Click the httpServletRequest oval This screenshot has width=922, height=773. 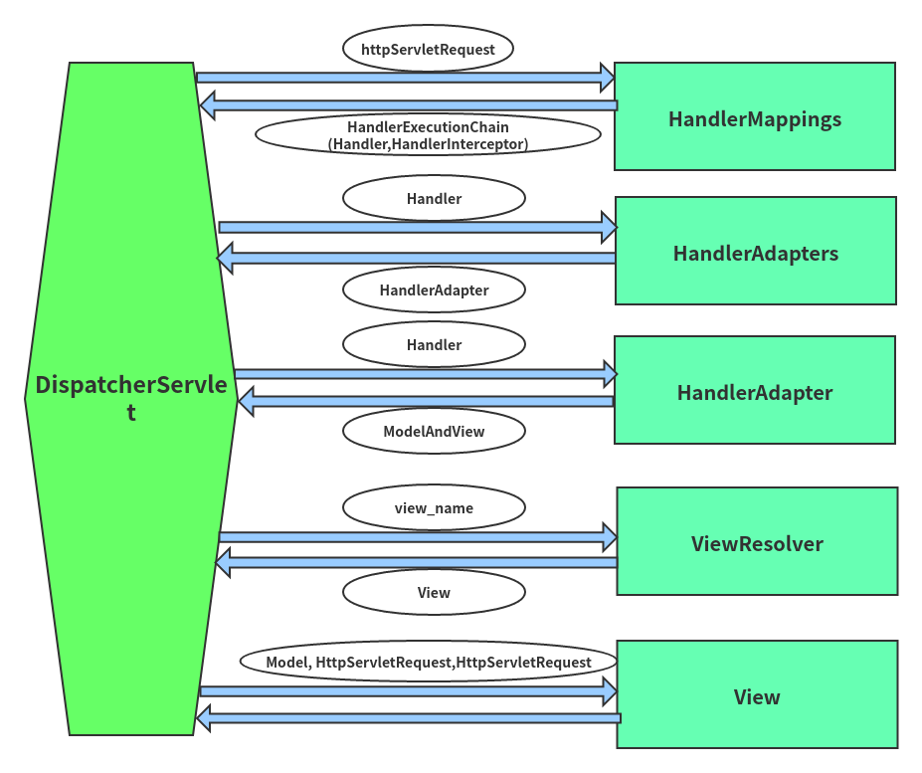(x=428, y=49)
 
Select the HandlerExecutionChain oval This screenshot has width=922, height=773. (x=428, y=134)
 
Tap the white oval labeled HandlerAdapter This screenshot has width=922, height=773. (x=434, y=290)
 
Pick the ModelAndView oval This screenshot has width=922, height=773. (x=434, y=431)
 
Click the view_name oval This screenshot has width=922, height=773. (x=434, y=507)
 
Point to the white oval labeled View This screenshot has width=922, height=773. (x=434, y=592)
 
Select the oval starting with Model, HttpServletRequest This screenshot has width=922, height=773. (x=428, y=662)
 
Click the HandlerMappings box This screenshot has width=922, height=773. (x=755, y=116)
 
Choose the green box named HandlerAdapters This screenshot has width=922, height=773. (x=756, y=251)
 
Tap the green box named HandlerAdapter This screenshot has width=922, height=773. (x=755, y=390)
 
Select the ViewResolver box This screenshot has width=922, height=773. (x=757, y=541)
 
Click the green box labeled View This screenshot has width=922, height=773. (x=757, y=694)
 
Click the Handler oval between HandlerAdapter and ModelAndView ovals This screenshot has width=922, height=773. (x=434, y=345)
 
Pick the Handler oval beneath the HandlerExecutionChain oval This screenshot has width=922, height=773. (x=434, y=198)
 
